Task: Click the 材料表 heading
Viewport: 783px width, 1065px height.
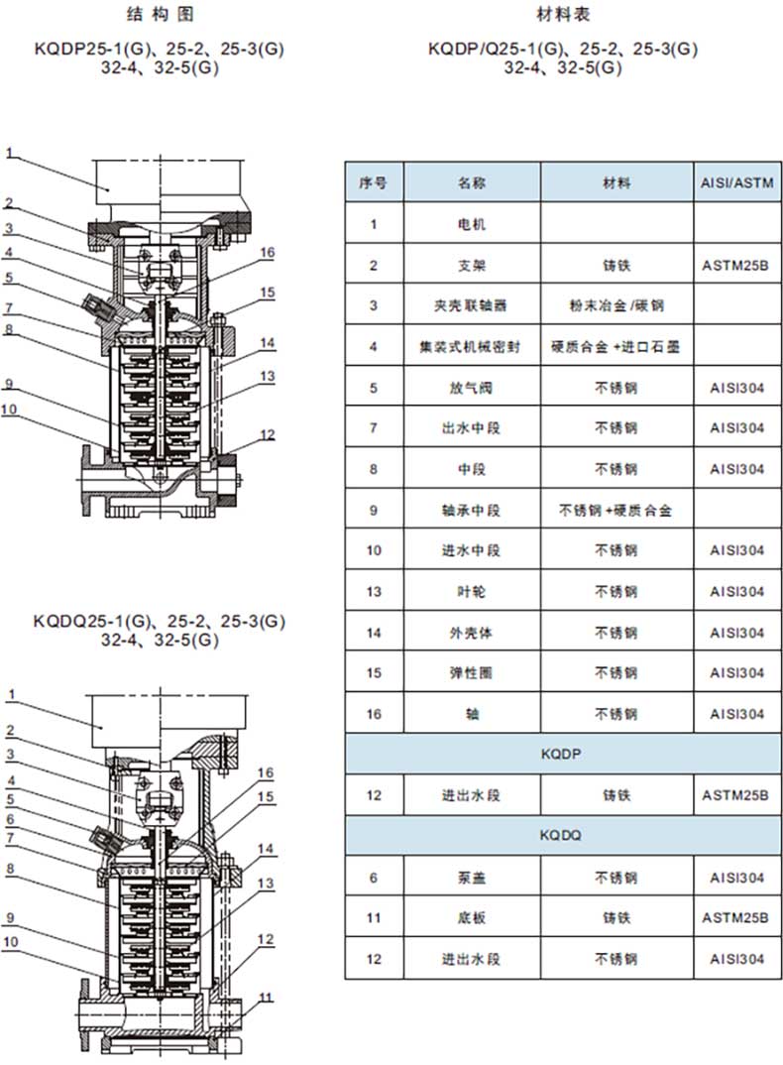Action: [x=563, y=14]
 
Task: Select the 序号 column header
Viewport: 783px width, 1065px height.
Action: [x=374, y=183]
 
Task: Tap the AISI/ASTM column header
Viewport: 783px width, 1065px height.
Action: [x=736, y=183]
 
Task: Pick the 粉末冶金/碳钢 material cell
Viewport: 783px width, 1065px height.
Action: [x=616, y=305]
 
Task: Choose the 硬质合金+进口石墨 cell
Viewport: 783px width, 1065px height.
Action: [x=616, y=347]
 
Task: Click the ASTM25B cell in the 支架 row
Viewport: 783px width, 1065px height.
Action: [x=736, y=266]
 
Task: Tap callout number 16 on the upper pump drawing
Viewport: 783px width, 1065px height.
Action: [x=268, y=253]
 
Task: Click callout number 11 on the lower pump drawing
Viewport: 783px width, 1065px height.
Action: [x=266, y=997]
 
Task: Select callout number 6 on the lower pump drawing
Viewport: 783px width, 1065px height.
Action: [x=8, y=819]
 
